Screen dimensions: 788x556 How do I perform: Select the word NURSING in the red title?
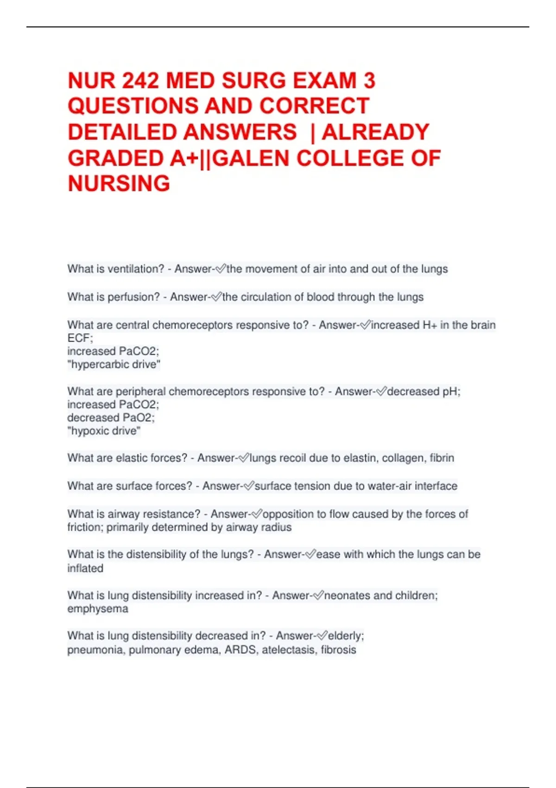(119, 184)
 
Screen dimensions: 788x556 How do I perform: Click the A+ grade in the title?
(183, 159)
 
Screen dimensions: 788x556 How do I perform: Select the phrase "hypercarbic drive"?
(114, 365)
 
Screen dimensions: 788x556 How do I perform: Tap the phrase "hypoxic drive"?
(104, 431)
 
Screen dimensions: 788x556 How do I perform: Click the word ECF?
(80, 338)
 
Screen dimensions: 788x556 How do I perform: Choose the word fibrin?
(442, 458)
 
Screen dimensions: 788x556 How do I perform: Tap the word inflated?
(85, 568)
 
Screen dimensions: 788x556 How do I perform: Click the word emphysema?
(98, 609)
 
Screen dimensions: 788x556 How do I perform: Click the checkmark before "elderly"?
(322, 636)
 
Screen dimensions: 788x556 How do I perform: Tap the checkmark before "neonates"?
(318, 595)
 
